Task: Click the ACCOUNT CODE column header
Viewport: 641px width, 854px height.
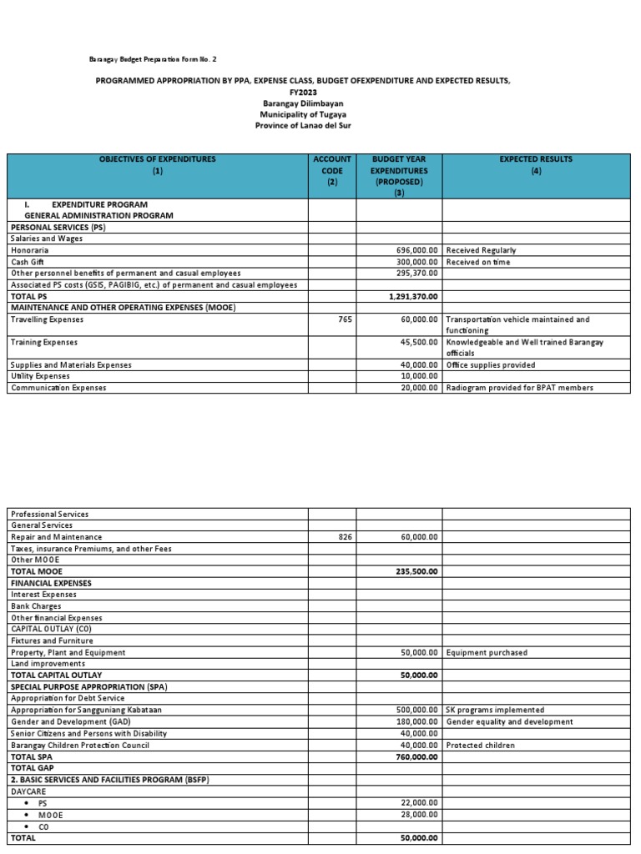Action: pos(332,170)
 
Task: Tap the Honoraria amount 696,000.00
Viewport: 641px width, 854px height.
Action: pos(416,250)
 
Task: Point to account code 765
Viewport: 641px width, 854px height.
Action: pos(346,319)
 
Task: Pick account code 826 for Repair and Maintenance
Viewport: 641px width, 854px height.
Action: pos(346,537)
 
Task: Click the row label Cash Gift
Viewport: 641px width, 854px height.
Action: pos(28,262)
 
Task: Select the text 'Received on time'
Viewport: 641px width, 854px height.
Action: pos(478,262)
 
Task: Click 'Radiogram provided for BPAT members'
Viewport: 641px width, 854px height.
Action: pos(518,388)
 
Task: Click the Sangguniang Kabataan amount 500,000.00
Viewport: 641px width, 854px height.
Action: pos(416,710)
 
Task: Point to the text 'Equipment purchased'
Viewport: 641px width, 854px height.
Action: pos(487,652)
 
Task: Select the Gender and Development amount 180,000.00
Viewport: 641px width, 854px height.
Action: pos(416,721)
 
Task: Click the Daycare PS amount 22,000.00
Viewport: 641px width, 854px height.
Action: pos(419,802)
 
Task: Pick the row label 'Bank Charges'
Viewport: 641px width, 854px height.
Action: pos(34,606)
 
